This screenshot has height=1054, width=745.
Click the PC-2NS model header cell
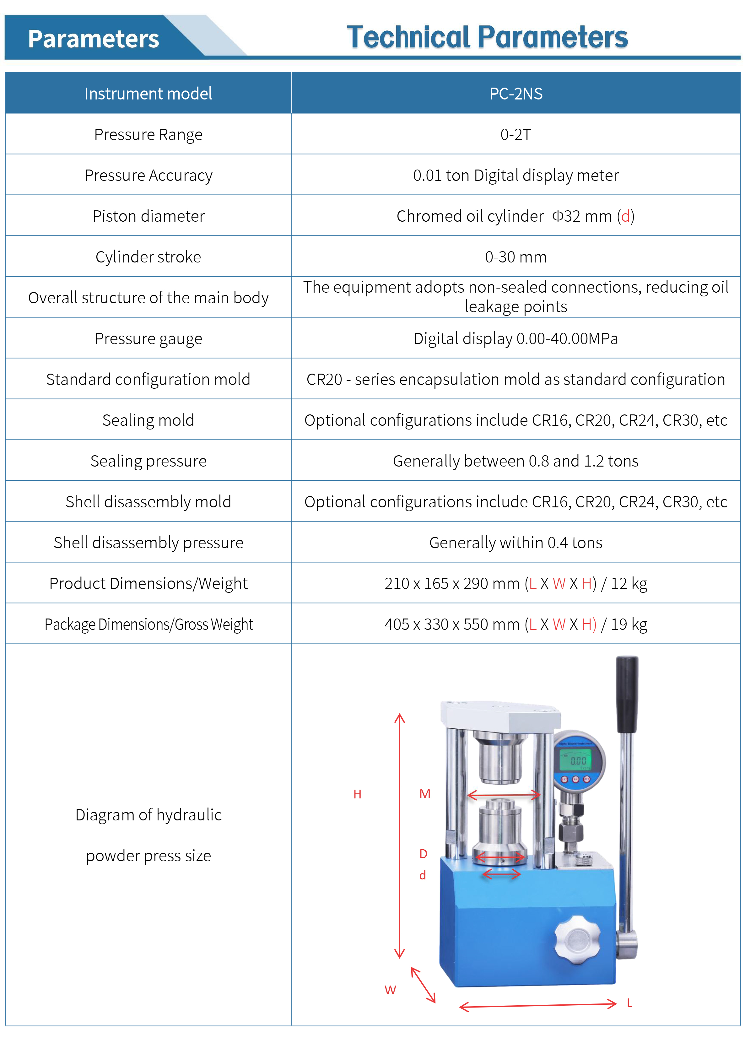coord(516,94)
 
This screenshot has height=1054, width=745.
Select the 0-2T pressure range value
coord(516,134)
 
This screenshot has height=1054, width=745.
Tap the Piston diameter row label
coord(148,216)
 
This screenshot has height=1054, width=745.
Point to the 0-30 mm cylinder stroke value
coord(516,257)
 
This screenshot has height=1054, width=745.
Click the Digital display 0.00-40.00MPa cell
coord(516,339)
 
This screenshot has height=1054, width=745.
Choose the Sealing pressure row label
coord(148,461)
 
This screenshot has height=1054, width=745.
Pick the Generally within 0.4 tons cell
coord(516,543)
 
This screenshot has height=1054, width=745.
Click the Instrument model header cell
coord(148,94)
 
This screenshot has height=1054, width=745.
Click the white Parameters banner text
coord(94,39)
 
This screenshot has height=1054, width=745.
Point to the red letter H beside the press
coord(357,794)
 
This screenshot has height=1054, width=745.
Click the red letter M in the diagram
coord(424,794)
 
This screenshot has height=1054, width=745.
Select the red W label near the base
coord(390,990)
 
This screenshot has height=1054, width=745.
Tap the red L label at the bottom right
coord(629,1003)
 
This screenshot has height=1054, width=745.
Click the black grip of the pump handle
coord(627,693)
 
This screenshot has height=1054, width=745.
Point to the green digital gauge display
coord(575,761)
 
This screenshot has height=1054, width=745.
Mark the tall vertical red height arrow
coord(400,835)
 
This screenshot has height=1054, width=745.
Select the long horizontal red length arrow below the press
coord(537,1005)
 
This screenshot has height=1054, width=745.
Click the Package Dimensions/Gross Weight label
coord(148,624)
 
